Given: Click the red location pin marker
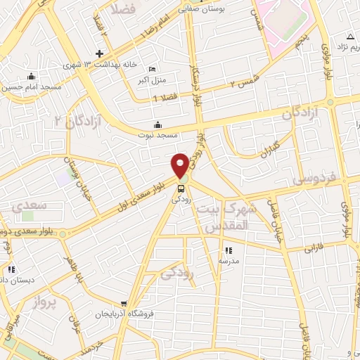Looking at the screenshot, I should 180,165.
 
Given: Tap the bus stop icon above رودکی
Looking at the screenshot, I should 181,188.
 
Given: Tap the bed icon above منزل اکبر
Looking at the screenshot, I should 153,69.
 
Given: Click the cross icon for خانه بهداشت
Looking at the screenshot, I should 99,54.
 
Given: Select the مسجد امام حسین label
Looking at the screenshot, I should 31,86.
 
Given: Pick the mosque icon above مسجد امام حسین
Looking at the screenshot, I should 30,77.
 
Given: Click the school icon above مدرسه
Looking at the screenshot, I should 228,250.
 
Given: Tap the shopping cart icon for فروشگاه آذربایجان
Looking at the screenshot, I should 124,304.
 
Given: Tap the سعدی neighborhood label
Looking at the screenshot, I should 30,205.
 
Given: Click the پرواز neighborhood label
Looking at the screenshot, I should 44,303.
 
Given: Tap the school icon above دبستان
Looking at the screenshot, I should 11,269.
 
